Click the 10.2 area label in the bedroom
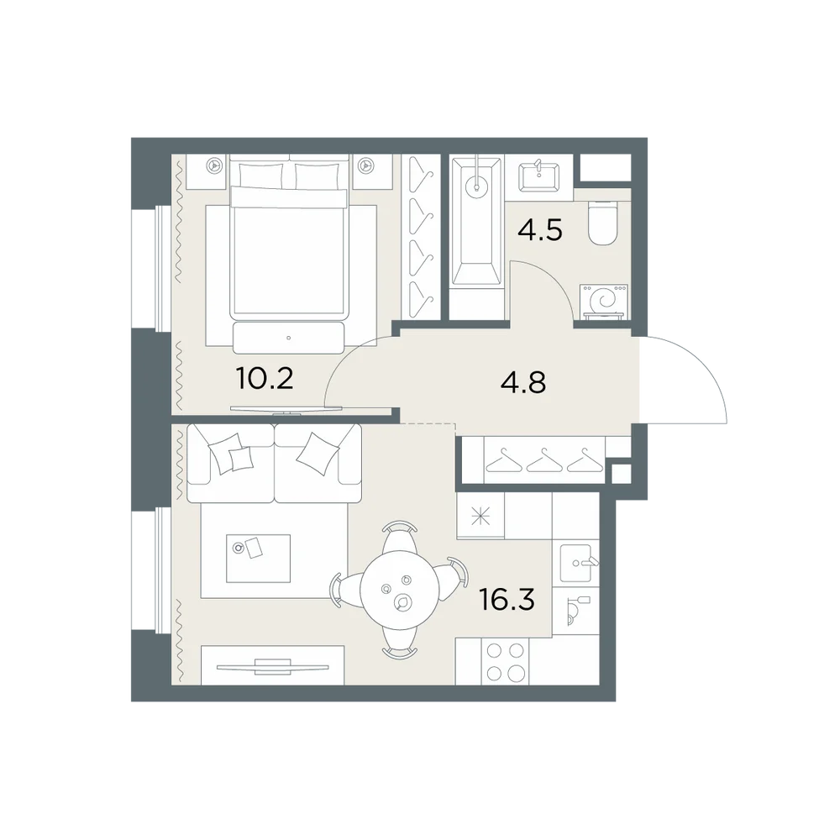pyautogui.click(x=265, y=379)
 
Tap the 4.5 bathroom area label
pyautogui.click(x=540, y=230)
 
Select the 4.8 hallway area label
pyautogui.click(x=522, y=383)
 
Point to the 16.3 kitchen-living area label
pyautogui.click(x=507, y=600)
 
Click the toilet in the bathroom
pyautogui.click(x=602, y=223)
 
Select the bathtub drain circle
pyautogui.click(x=476, y=187)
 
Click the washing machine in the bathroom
pyautogui.click(x=604, y=301)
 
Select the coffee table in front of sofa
pyautogui.click(x=258, y=558)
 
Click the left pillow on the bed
pyautogui.click(x=261, y=176)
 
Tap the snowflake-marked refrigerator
pyautogui.click(x=480, y=516)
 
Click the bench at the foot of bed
pyautogui.click(x=289, y=338)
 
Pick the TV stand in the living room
pyautogui.click(x=272, y=665)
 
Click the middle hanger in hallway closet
pyautogui.click(x=544, y=461)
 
